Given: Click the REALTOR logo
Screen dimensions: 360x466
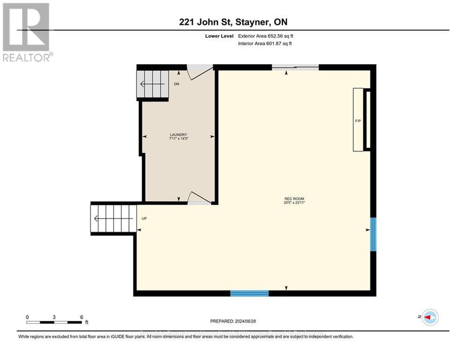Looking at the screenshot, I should tap(26, 32).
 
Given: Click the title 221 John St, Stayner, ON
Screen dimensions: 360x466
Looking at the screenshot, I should tap(233, 22).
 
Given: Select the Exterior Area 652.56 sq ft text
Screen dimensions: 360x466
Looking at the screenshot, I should tap(265, 36).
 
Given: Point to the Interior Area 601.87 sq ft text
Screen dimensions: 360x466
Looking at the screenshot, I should tap(265, 44).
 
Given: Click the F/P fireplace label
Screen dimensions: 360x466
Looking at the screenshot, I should tap(358, 121).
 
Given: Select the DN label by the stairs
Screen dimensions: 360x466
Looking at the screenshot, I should tap(177, 84).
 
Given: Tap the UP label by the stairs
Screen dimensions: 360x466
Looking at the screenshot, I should tap(144, 218).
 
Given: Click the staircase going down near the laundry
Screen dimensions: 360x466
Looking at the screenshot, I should tap(152, 84).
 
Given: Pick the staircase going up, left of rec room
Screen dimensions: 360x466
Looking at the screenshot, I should tap(113, 218).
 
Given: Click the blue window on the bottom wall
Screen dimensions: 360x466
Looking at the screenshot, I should tap(249, 293).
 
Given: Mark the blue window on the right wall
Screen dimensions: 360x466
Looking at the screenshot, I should tap(373, 234).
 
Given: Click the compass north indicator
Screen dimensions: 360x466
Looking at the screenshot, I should tap(429, 317).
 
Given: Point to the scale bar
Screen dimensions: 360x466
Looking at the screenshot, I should tap(54, 322).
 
